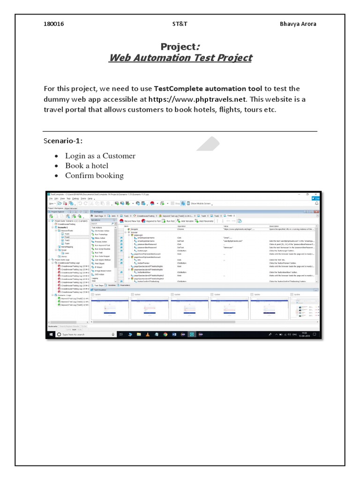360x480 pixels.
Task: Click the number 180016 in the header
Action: tap(53, 24)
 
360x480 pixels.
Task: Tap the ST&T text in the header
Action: tap(180, 24)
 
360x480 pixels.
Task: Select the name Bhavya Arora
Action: tap(299, 24)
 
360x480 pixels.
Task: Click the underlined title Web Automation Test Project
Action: tap(180, 58)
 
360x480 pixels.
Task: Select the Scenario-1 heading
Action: tap(60, 141)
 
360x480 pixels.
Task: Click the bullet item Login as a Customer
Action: tap(100, 156)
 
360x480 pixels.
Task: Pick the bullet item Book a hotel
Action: tap(87, 165)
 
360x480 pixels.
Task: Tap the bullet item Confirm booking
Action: tap(94, 175)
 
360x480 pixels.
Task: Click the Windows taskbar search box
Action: tap(84, 334)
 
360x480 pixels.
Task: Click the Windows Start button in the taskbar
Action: tap(51, 334)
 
